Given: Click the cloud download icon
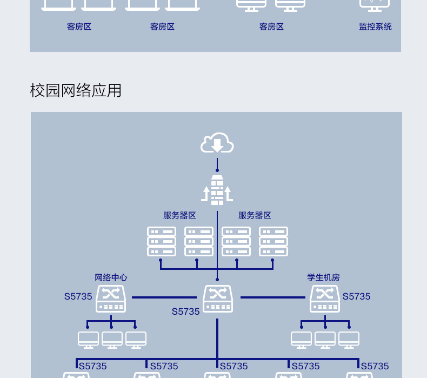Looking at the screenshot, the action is click(x=217, y=143).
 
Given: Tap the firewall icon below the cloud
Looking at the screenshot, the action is click(x=217, y=190).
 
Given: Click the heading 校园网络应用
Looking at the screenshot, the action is click(x=76, y=90).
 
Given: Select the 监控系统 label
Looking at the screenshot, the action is click(x=375, y=26).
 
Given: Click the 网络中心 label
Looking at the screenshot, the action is click(x=111, y=277).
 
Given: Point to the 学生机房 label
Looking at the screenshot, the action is click(x=324, y=277).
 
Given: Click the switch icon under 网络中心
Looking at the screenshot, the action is click(x=111, y=299).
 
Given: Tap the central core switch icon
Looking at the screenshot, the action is click(x=218, y=299).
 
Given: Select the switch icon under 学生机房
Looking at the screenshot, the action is click(x=325, y=299).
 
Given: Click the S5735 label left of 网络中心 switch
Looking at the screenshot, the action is click(x=78, y=296).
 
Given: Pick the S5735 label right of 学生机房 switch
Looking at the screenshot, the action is click(x=357, y=296).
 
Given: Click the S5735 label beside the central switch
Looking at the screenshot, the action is click(x=186, y=311).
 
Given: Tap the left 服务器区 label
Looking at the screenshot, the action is click(x=179, y=215).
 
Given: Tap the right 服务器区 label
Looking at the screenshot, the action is click(x=255, y=215).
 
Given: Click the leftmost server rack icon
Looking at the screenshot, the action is click(x=162, y=242).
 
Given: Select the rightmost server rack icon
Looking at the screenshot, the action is click(x=273, y=242).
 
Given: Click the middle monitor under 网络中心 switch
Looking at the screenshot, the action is click(x=112, y=340).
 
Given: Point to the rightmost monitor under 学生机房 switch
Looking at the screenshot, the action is click(x=349, y=340).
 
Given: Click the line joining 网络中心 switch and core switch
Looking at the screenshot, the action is click(x=164, y=297).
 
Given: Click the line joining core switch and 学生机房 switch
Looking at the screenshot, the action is click(x=273, y=297).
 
